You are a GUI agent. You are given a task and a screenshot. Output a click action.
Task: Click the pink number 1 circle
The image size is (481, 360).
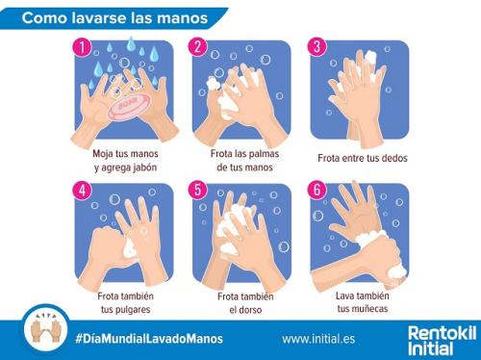pyautogui.click(x=83, y=47)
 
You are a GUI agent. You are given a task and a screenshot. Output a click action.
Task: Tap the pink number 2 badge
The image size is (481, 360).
pyautogui.click(x=198, y=47)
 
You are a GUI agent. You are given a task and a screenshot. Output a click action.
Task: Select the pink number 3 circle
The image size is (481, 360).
pyautogui.click(x=316, y=47)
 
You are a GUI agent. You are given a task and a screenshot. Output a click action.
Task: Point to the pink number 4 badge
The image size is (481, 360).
pyautogui.click(x=83, y=191)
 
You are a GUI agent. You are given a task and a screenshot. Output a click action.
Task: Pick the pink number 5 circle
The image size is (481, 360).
pyautogui.click(x=198, y=190)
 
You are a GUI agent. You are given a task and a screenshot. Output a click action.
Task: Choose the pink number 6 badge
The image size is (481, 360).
pyautogui.click(x=316, y=190)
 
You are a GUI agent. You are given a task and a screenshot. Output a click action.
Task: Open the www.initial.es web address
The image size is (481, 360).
pyautogui.click(x=318, y=339)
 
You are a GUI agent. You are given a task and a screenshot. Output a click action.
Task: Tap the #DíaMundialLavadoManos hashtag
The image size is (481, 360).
pyautogui.click(x=149, y=339)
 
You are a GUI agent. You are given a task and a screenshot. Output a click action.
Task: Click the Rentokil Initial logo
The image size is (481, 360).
pyautogui.click(x=442, y=340)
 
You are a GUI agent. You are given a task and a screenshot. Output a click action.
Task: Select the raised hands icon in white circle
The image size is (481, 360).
pyautogui.click(x=46, y=329)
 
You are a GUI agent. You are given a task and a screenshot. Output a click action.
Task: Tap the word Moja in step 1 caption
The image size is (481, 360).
pyautogui.click(x=103, y=154)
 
